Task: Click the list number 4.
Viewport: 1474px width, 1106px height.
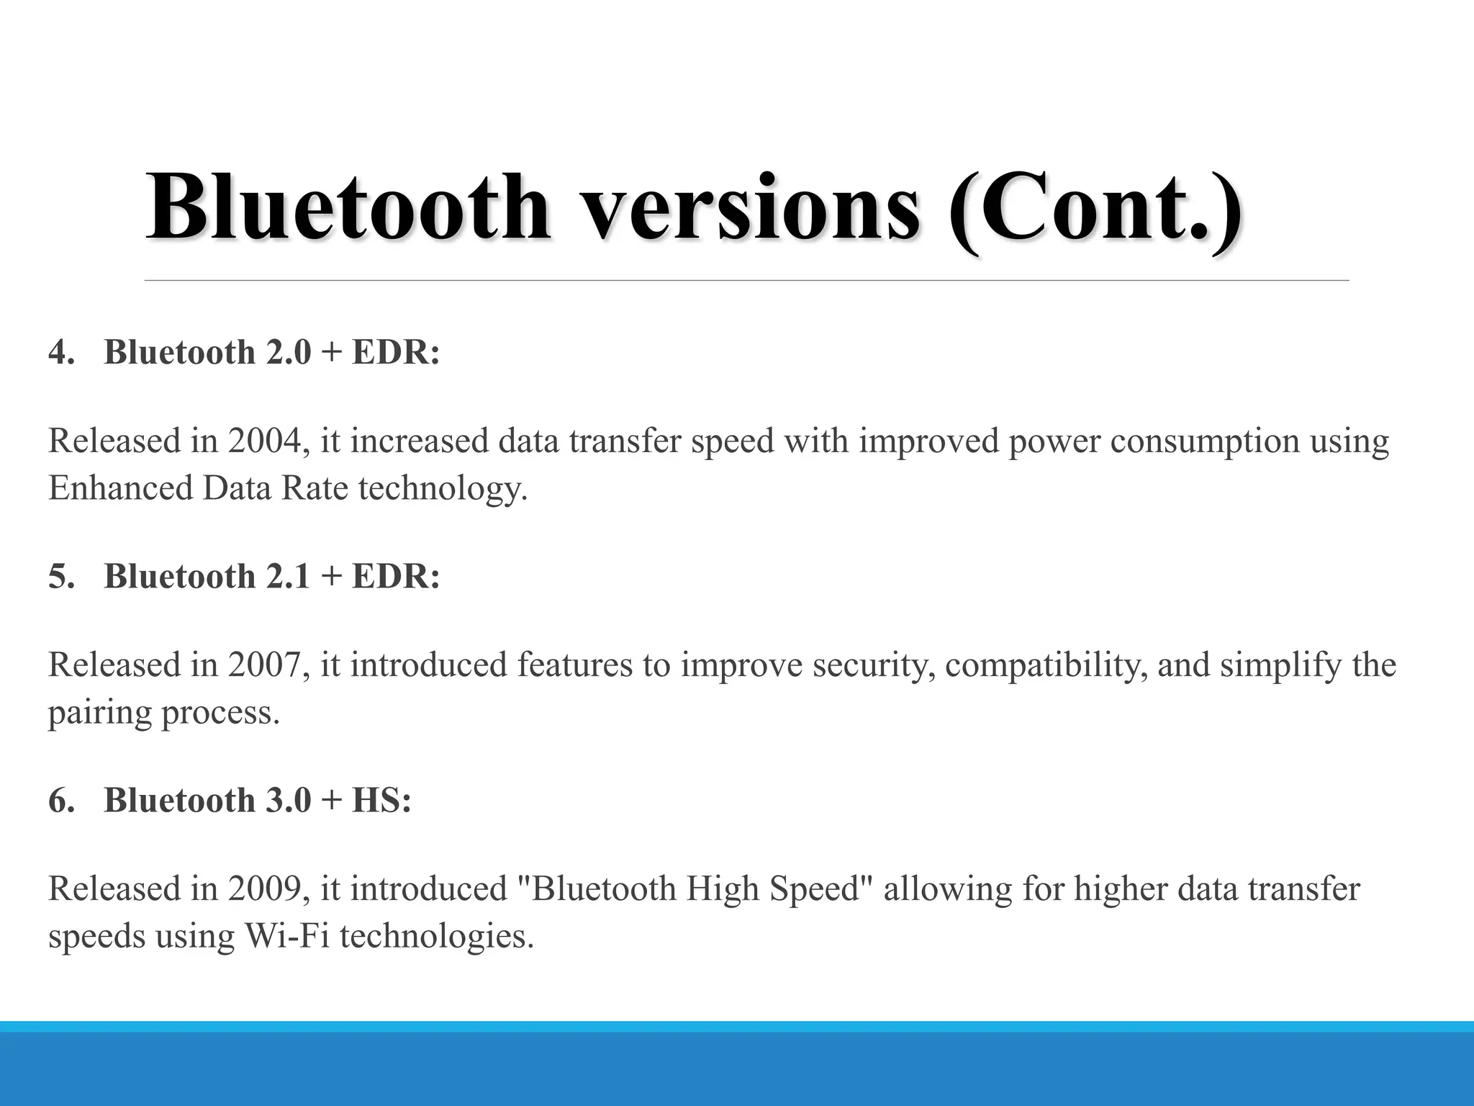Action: [60, 353]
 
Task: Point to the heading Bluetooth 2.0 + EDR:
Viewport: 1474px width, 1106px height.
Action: [271, 353]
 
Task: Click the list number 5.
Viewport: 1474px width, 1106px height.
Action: [60, 577]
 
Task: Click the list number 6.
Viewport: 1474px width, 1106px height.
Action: [60, 801]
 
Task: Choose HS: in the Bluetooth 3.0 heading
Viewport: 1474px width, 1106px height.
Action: [381, 801]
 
